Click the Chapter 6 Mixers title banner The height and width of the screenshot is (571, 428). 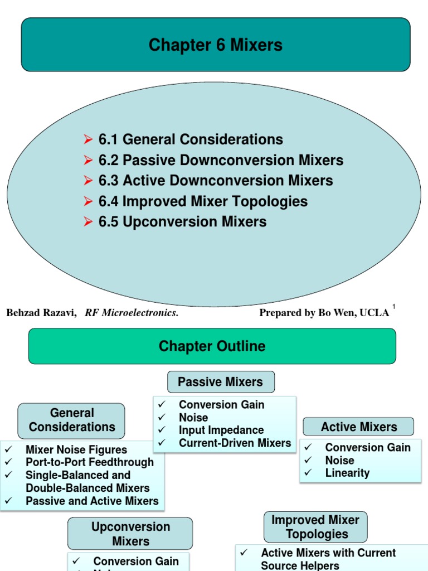pyautogui.click(x=215, y=45)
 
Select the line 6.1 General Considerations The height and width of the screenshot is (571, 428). pyautogui.click(x=191, y=139)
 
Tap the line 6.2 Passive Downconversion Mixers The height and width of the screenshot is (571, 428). pyautogui.click(x=221, y=161)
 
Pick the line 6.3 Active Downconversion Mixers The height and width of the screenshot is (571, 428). pyautogui.click(x=216, y=181)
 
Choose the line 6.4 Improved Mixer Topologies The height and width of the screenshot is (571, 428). pyautogui.click(x=203, y=201)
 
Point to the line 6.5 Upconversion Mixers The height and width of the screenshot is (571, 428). pyautogui.click(x=182, y=222)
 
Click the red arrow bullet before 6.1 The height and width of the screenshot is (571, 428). pyautogui.click(x=87, y=139)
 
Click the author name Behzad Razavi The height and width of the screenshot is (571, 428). pyautogui.click(x=41, y=313)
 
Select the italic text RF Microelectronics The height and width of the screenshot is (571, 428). pyautogui.click(x=132, y=313)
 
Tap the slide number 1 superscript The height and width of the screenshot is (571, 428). pyautogui.click(x=393, y=307)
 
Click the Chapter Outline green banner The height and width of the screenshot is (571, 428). pyautogui.click(x=212, y=346)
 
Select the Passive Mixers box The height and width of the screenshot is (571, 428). pyautogui.click(x=221, y=382)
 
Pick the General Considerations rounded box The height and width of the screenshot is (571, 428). pyautogui.click(x=72, y=420)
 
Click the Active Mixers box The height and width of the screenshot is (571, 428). pyautogui.click(x=358, y=427)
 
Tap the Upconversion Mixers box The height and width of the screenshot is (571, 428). pyautogui.click(x=130, y=534)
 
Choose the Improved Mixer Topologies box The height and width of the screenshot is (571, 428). pyautogui.click(x=315, y=527)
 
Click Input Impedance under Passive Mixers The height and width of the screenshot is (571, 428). pyautogui.click(x=221, y=430)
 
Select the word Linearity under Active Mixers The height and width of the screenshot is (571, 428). pyautogui.click(x=347, y=473)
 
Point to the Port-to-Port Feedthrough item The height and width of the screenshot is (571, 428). pyautogui.click(x=89, y=462)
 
